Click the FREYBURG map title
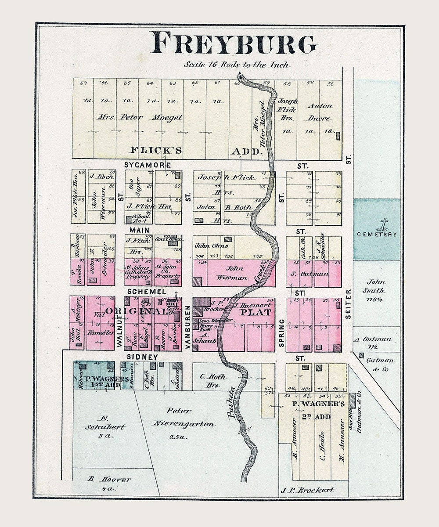pos(233,43)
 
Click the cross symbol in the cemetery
pos(384,224)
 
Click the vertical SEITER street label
pos(349,308)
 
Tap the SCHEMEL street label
pos(140,292)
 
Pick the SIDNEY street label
pos(143,357)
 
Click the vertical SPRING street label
pos(281,333)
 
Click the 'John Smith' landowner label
pos(376,286)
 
